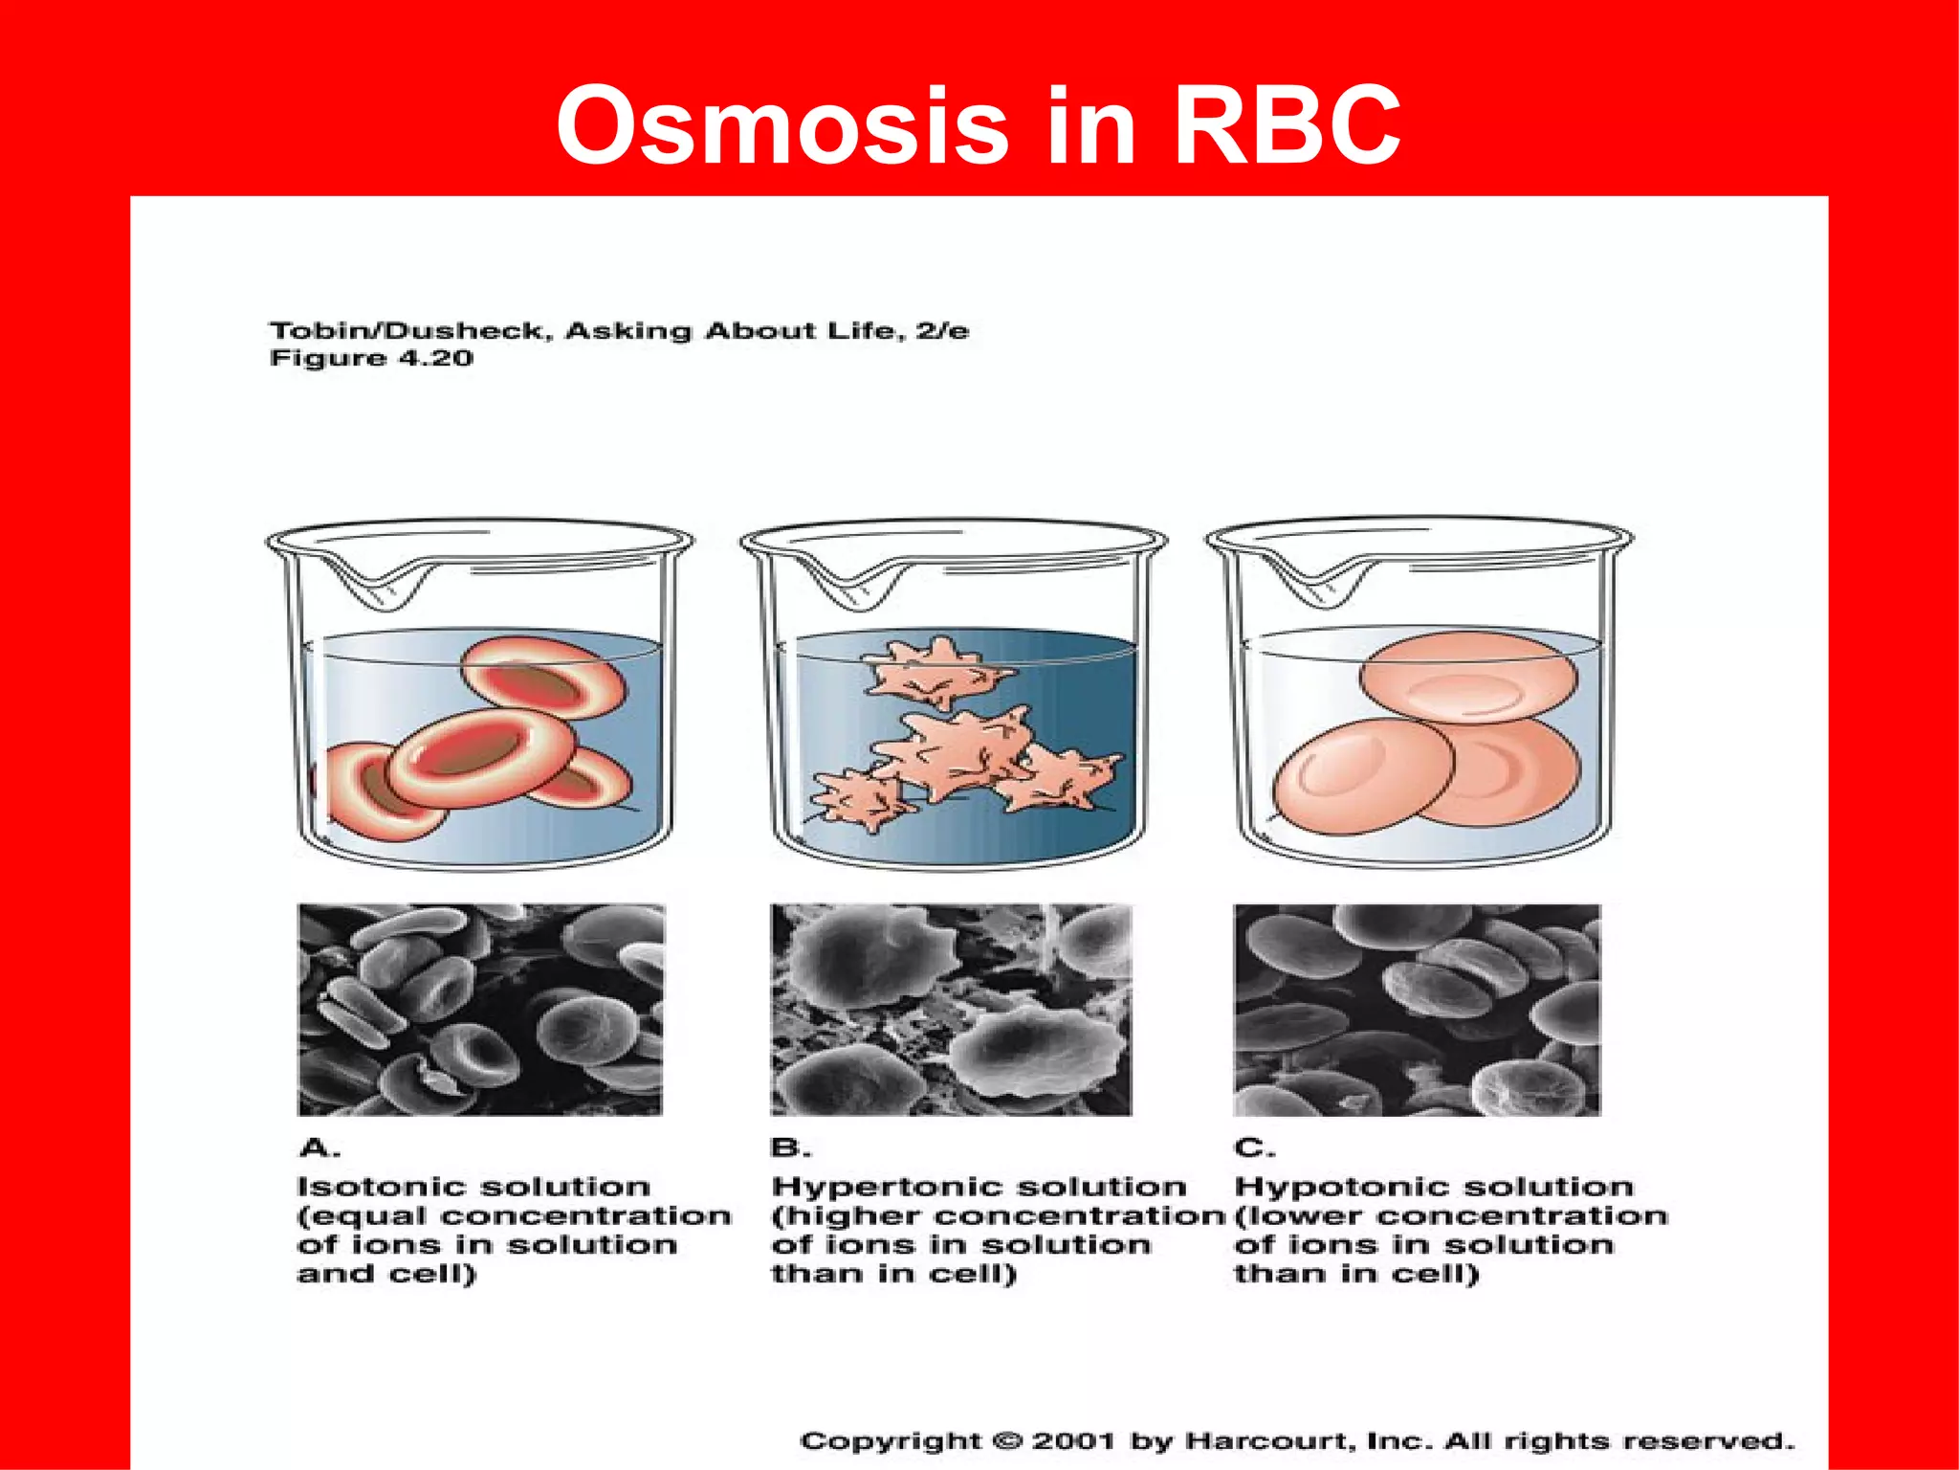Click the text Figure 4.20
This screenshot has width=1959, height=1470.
tap(371, 359)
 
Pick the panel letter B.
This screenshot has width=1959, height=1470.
tap(789, 1147)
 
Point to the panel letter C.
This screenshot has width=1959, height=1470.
tap(1252, 1147)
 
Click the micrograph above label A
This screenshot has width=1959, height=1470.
tap(480, 1010)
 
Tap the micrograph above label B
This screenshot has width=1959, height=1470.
tap(951, 1010)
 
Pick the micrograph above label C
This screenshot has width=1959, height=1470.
tap(1416, 1010)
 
